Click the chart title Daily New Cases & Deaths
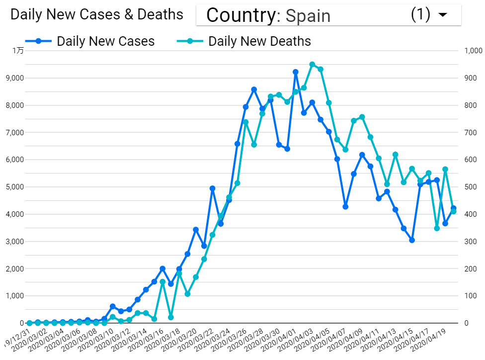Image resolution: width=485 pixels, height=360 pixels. [x=97, y=14]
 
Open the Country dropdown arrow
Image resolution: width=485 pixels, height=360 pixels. [x=442, y=15]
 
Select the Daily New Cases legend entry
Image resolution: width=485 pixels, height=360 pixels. [x=105, y=41]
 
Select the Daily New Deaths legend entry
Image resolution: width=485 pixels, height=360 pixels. [x=259, y=41]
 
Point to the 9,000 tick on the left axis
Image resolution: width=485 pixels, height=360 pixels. [x=15, y=78]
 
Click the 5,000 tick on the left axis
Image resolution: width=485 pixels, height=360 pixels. [x=15, y=187]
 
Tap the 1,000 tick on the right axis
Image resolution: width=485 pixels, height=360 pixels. [x=473, y=51]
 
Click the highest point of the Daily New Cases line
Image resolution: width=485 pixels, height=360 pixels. [x=296, y=72]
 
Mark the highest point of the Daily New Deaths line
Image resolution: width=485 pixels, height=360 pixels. [x=312, y=64]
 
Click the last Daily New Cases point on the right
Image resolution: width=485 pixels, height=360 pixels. [x=453, y=208]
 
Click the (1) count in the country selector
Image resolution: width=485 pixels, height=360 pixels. [x=420, y=15]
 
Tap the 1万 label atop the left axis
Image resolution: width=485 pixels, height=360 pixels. [x=18, y=50]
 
